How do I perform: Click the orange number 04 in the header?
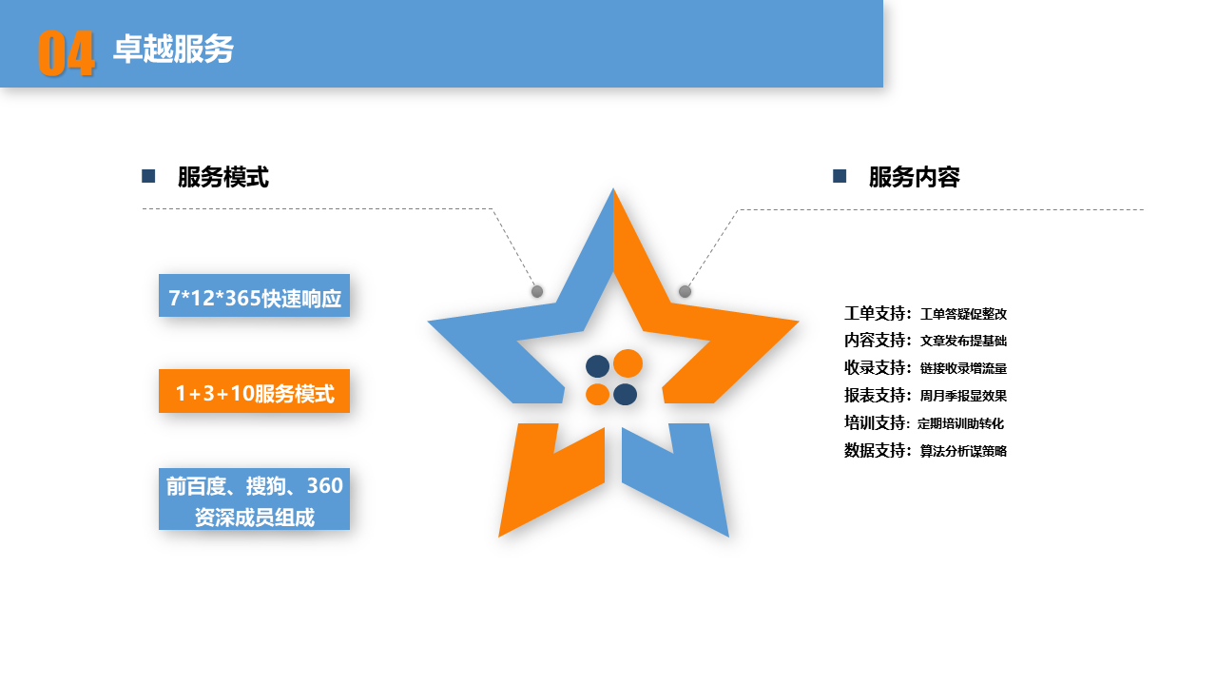pos(67,53)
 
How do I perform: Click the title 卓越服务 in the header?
pos(173,49)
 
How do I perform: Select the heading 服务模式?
pos(222,177)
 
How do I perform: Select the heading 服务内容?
pos(914,177)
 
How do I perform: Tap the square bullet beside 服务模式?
pos(148,176)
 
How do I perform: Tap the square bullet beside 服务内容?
pos(840,176)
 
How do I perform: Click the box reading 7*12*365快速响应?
pos(254,296)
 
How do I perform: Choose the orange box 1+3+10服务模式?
pos(254,391)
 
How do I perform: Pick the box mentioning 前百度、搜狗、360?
pos(254,499)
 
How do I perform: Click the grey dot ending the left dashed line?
pos(537,291)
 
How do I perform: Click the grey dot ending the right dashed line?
pos(685,291)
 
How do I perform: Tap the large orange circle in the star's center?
pos(628,363)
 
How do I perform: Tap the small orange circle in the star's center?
pos(597,394)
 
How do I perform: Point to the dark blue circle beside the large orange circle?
pos(597,366)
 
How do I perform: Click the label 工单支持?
pos(876,313)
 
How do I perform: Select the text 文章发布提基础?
pos(963,341)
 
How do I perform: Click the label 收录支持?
pos(876,368)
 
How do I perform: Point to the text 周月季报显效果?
pos(963,396)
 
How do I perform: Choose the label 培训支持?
pos(876,423)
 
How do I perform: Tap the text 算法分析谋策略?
pos(963,451)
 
